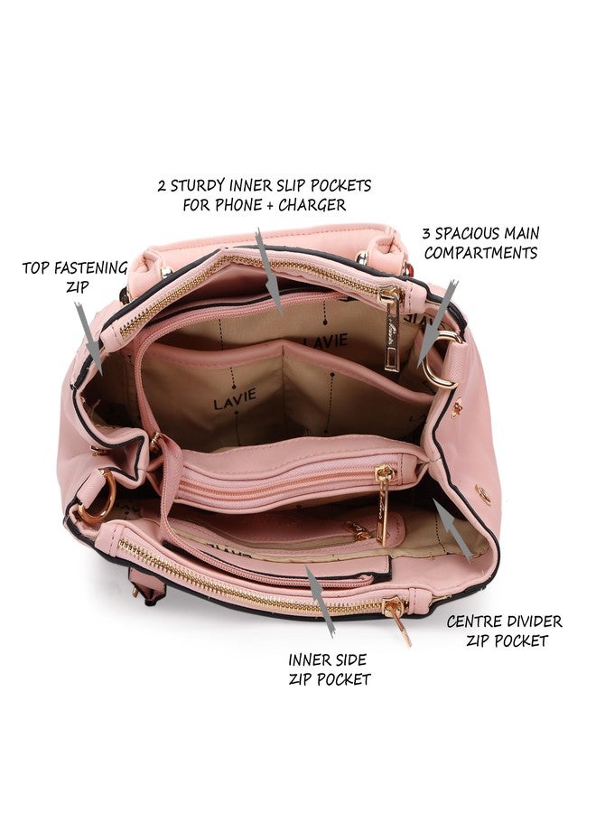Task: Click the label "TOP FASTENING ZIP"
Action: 75,277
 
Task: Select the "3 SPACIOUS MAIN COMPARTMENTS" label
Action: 481,243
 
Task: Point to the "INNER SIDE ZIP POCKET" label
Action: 329,669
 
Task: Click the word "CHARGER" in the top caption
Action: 312,205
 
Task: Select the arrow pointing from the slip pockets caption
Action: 269,271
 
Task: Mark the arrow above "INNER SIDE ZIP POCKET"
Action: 320,601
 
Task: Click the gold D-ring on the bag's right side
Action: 441,360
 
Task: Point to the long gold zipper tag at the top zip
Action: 391,328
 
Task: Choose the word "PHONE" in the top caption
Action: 238,205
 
